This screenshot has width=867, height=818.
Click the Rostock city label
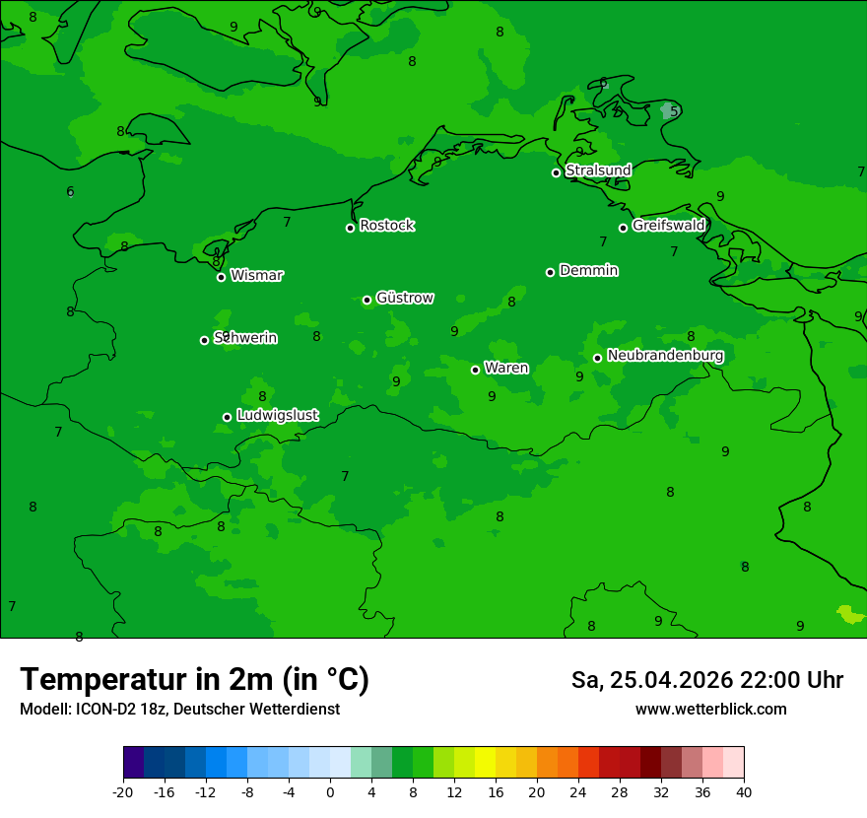pos(386,226)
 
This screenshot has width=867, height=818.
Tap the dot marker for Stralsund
pos(556,172)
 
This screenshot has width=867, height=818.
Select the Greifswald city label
pos(668,226)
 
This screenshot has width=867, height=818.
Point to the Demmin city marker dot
pos(550,272)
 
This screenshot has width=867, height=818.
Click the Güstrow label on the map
pos(404,298)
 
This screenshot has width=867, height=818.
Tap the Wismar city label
pos(256,275)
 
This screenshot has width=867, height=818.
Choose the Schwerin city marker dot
pos(204,340)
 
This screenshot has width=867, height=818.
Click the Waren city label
pos(506,368)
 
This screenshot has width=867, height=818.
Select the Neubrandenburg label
pos(665,356)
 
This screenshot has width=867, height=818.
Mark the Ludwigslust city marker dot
pos(227,417)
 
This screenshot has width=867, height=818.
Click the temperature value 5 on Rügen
pos(674,111)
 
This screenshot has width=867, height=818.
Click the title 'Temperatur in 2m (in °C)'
pos(194,679)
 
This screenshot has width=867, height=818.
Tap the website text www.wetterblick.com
pos(710,709)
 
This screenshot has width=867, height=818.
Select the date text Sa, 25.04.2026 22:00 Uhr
pos(706,680)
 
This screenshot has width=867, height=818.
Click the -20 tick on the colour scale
pos(123,791)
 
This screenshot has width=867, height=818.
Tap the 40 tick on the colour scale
pos(744,791)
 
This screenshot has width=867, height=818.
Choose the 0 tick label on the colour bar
pos(330,791)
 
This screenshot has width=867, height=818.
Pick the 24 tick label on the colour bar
pos(578,791)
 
